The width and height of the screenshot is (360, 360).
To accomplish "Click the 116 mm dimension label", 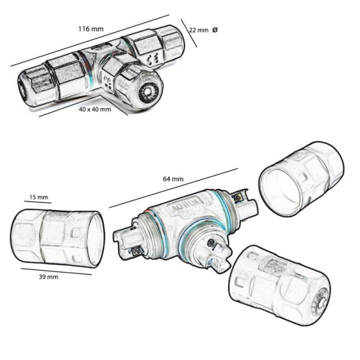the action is [91, 29].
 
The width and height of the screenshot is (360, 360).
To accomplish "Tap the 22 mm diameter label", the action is [198, 30].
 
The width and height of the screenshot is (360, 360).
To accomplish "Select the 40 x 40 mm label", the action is [95, 109].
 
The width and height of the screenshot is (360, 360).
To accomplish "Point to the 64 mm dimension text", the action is [173, 179].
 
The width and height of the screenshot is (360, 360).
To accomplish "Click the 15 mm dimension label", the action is [39, 197].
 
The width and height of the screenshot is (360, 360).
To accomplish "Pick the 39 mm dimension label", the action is [48, 277].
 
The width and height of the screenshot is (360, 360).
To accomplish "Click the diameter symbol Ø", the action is [214, 30].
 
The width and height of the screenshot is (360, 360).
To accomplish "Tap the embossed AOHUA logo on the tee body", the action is [185, 203].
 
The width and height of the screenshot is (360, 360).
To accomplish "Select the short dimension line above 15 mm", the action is [37, 202].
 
